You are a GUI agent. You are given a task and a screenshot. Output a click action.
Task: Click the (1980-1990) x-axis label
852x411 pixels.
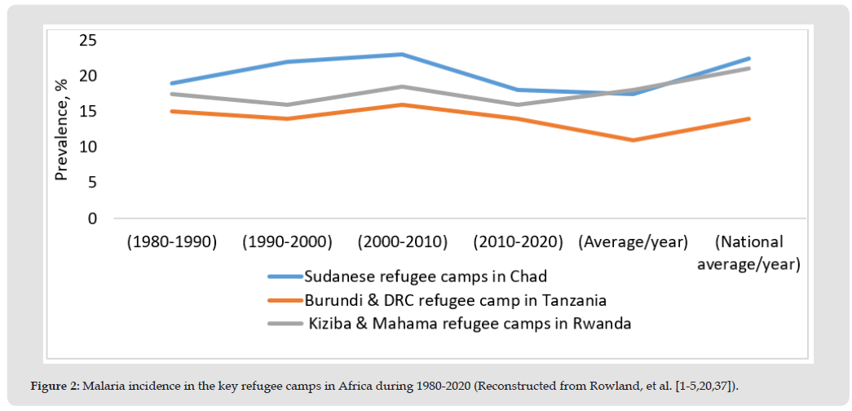pyautogui.click(x=171, y=243)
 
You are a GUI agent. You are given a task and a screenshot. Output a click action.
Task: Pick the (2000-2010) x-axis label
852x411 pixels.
pyautogui.click(x=403, y=243)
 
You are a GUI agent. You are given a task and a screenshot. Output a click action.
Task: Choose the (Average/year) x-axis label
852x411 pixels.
pyautogui.click(x=633, y=243)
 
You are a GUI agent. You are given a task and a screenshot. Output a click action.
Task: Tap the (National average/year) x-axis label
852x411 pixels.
pyautogui.click(x=748, y=254)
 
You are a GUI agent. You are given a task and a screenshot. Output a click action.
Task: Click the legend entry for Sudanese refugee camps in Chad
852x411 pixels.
pyautogui.click(x=437, y=275)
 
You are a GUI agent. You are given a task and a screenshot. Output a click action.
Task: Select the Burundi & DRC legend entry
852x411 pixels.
pyautogui.click(x=455, y=299)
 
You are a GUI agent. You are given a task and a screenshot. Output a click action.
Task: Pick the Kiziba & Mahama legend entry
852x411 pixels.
pyautogui.click(x=470, y=324)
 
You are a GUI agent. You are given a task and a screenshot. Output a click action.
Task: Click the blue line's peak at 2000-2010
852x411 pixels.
pyautogui.click(x=403, y=55)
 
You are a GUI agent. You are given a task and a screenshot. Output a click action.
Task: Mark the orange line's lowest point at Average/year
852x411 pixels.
pyautogui.click(x=633, y=140)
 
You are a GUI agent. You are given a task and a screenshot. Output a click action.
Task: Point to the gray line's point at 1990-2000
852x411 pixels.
pyautogui.click(x=287, y=104)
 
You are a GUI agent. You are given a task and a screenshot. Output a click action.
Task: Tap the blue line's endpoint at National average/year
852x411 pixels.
pyautogui.click(x=748, y=59)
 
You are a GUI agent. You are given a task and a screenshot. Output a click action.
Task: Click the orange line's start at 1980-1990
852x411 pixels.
pyautogui.click(x=171, y=111)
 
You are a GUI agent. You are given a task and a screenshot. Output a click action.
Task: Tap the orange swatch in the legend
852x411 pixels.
pyautogui.click(x=284, y=299)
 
